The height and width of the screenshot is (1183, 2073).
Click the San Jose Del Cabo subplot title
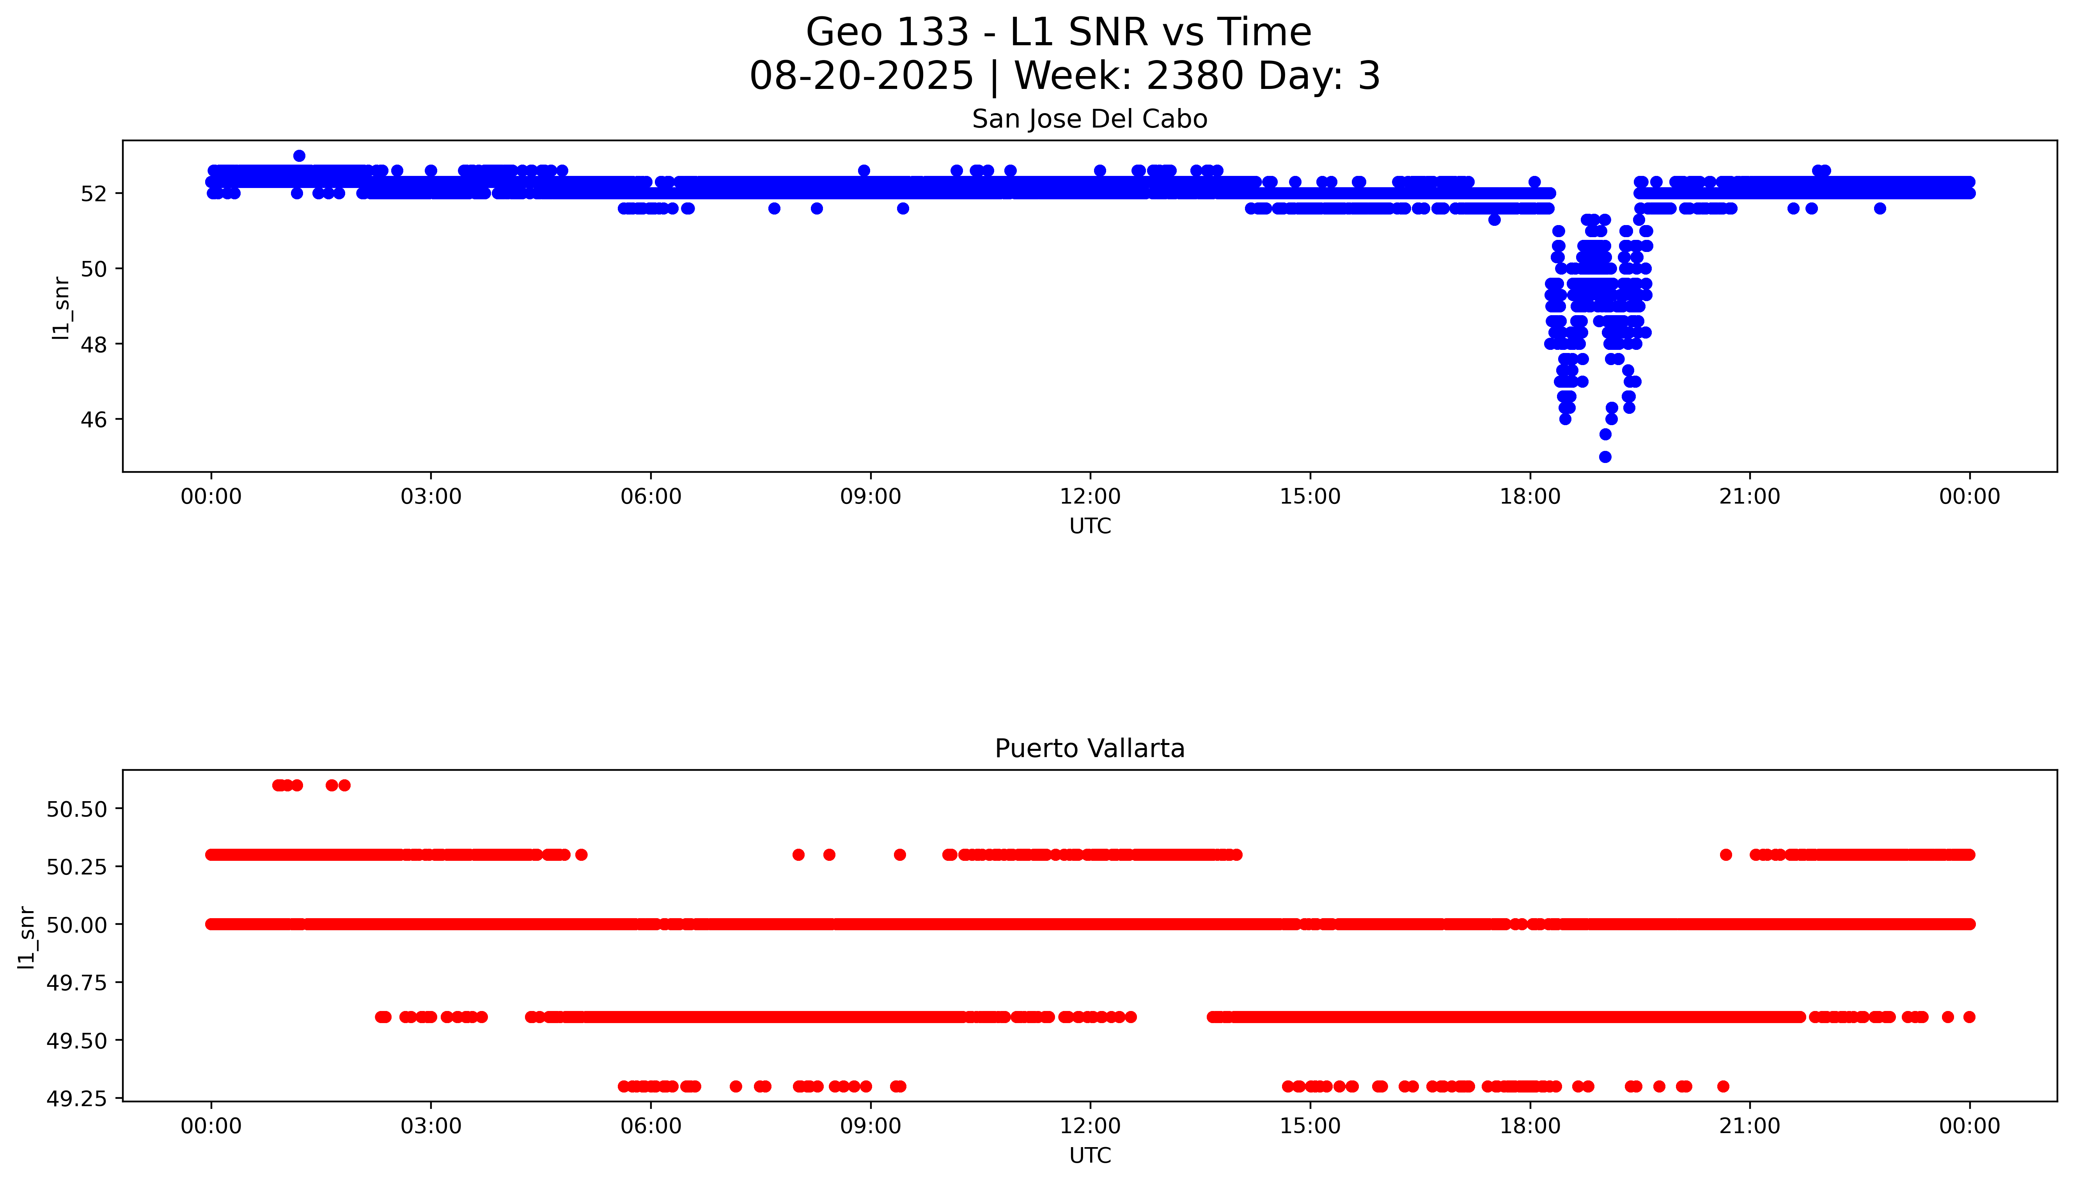(x=1089, y=119)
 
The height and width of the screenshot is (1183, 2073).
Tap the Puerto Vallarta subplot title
(x=1089, y=748)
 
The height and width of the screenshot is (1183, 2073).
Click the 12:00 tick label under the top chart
(x=1089, y=497)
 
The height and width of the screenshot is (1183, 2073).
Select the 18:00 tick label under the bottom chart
(x=1530, y=1126)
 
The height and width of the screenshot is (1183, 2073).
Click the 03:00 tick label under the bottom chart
(x=431, y=1126)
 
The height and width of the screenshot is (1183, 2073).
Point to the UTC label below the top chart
(x=1089, y=526)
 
